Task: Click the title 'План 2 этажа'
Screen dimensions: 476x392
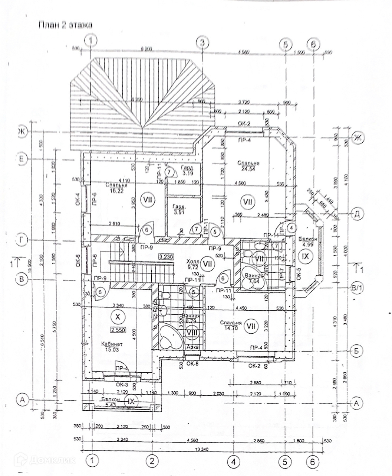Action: [65, 25]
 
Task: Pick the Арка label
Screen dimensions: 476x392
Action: [193, 347]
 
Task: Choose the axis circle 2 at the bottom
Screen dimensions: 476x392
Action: [152, 461]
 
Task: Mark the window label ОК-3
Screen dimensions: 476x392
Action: [122, 384]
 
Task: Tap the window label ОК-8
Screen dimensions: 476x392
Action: [192, 363]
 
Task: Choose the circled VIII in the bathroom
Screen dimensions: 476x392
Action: [192, 332]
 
